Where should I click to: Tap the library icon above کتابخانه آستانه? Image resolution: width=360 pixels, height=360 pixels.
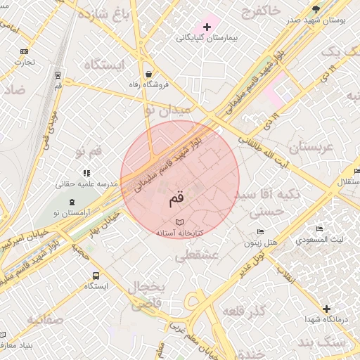(x=179, y=221)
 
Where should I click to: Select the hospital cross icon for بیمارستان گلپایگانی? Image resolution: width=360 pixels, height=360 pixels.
(x=206, y=26)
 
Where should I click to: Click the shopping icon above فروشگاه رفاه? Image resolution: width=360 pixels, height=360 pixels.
(x=149, y=74)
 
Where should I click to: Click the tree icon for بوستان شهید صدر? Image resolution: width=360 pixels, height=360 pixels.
(x=316, y=9)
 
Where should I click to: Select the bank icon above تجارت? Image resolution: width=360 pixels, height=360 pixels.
(x=25, y=51)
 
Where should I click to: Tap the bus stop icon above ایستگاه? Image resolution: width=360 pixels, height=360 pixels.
(x=96, y=276)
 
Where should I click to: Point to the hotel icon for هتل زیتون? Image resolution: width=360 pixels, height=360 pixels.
(x=261, y=232)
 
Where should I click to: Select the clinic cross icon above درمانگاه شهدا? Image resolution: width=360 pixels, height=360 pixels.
(x=326, y=309)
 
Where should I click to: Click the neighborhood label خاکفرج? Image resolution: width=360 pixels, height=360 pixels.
(x=260, y=10)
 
